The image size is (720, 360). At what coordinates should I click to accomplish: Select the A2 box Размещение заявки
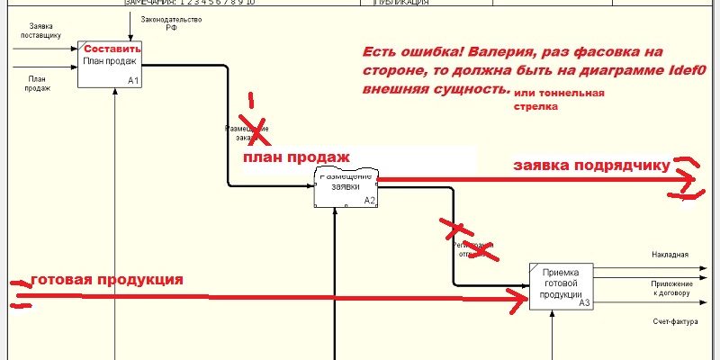click(x=346, y=188)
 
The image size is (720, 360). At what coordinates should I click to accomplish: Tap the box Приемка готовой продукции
click(x=562, y=286)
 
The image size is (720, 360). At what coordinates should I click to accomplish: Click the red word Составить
click(x=113, y=49)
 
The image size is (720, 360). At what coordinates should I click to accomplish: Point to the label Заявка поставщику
click(x=40, y=31)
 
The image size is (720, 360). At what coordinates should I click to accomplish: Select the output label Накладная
click(x=670, y=255)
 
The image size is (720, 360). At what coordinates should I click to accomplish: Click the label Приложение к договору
click(x=670, y=288)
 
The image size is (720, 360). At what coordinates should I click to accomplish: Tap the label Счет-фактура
click(x=670, y=321)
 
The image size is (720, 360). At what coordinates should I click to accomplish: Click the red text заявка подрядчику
click(x=591, y=166)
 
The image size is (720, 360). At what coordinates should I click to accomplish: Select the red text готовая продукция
click(x=107, y=280)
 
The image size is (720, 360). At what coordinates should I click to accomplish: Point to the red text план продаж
click(x=295, y=157)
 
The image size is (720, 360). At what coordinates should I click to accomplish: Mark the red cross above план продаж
click(x=252, y=126)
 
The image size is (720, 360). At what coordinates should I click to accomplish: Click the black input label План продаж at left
click(x=37, y=84)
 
